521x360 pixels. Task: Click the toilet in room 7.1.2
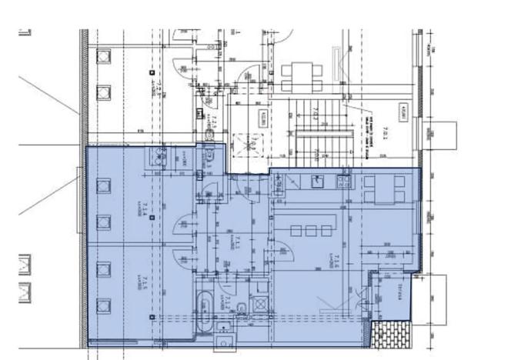240,310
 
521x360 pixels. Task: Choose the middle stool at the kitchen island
309,230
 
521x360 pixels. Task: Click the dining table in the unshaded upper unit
297,75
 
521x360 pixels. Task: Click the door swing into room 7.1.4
183,227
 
